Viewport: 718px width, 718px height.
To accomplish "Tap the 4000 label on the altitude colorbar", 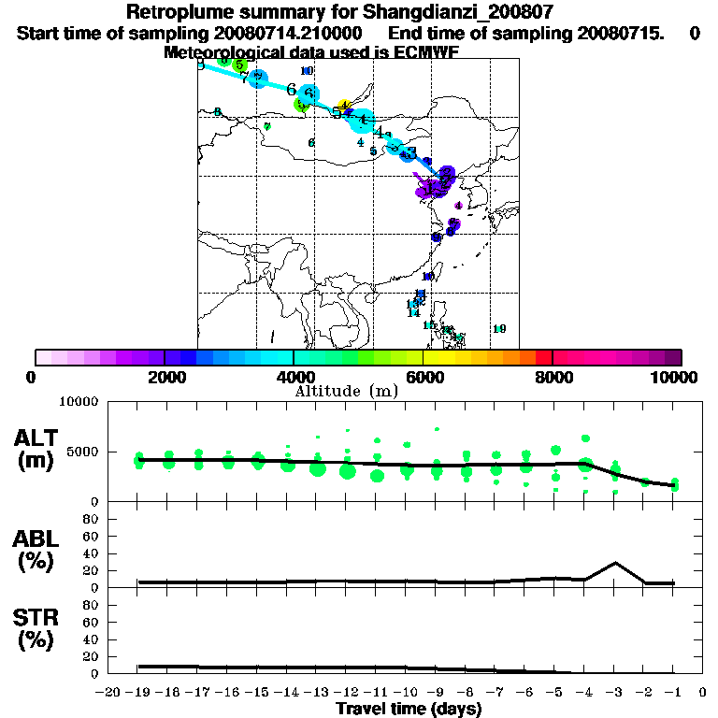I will pos(293,377).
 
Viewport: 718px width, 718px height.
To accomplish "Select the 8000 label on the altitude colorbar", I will pos(552,377).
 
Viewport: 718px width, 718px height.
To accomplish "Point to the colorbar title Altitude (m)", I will pos(346,391).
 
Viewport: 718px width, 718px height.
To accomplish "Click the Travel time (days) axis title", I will pos(409,710).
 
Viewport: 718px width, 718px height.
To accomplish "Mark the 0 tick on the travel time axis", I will pos(703,693).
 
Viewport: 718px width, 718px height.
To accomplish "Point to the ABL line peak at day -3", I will pos(614,563).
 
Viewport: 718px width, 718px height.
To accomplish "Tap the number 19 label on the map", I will pos(499,329).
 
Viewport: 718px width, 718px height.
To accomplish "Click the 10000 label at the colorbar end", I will pos(677,377).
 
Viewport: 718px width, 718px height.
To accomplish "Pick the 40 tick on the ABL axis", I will pos(92,553).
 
